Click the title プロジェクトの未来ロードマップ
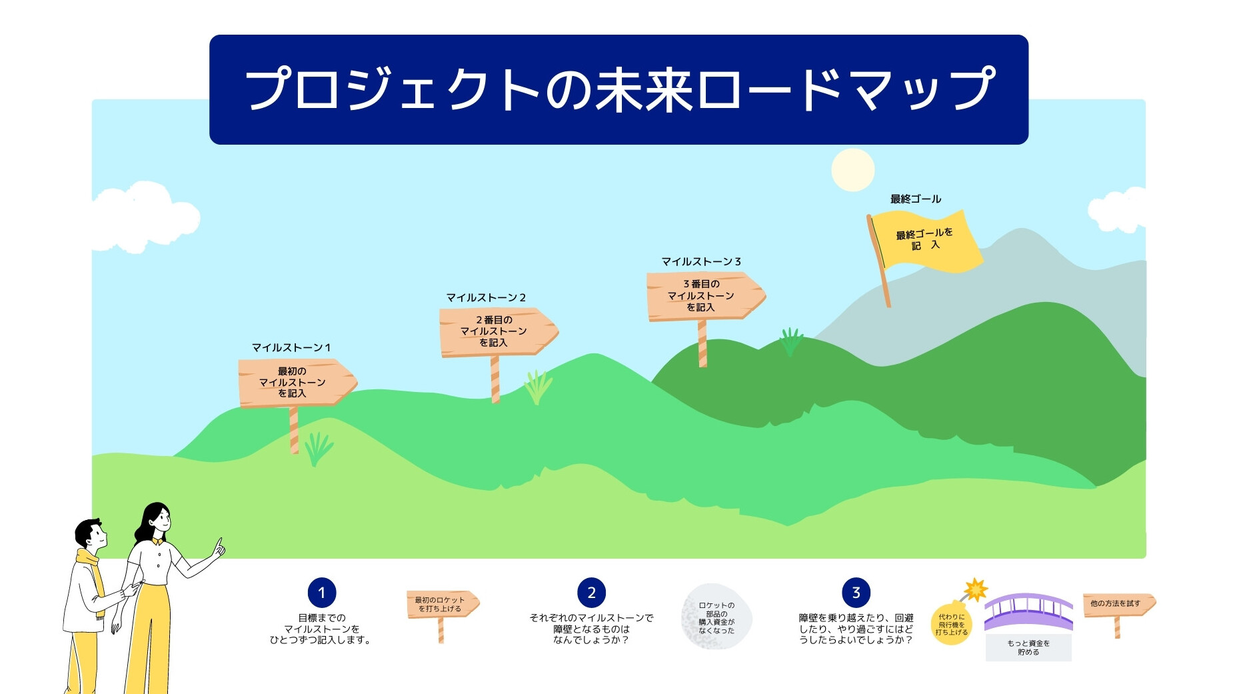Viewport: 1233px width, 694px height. pos(620,89)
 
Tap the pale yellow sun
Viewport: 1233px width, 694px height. pos(852,170)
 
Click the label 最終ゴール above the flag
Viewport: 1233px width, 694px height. pos(915,199)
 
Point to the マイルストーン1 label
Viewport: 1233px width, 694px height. pos(291,347)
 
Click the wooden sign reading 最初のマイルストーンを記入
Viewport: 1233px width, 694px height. pos(297,383)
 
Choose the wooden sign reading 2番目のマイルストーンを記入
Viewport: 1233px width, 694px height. pos(498,331)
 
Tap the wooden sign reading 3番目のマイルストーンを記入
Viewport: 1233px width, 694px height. pos(705,296)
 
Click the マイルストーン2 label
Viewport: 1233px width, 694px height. pos(486,297)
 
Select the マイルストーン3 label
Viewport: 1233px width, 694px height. pos(701,261)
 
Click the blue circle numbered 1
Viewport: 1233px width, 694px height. pos(322,593)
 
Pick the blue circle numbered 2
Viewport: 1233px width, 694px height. pos(591,593)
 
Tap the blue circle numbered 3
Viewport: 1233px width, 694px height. pos(856,593)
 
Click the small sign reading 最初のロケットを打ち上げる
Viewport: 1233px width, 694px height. pos(443,604)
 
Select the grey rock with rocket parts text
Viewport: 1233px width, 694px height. pos(716,617)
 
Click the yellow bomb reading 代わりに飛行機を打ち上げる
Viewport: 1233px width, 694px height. pos(952,624)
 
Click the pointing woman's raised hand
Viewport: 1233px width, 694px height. pos(218,549)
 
